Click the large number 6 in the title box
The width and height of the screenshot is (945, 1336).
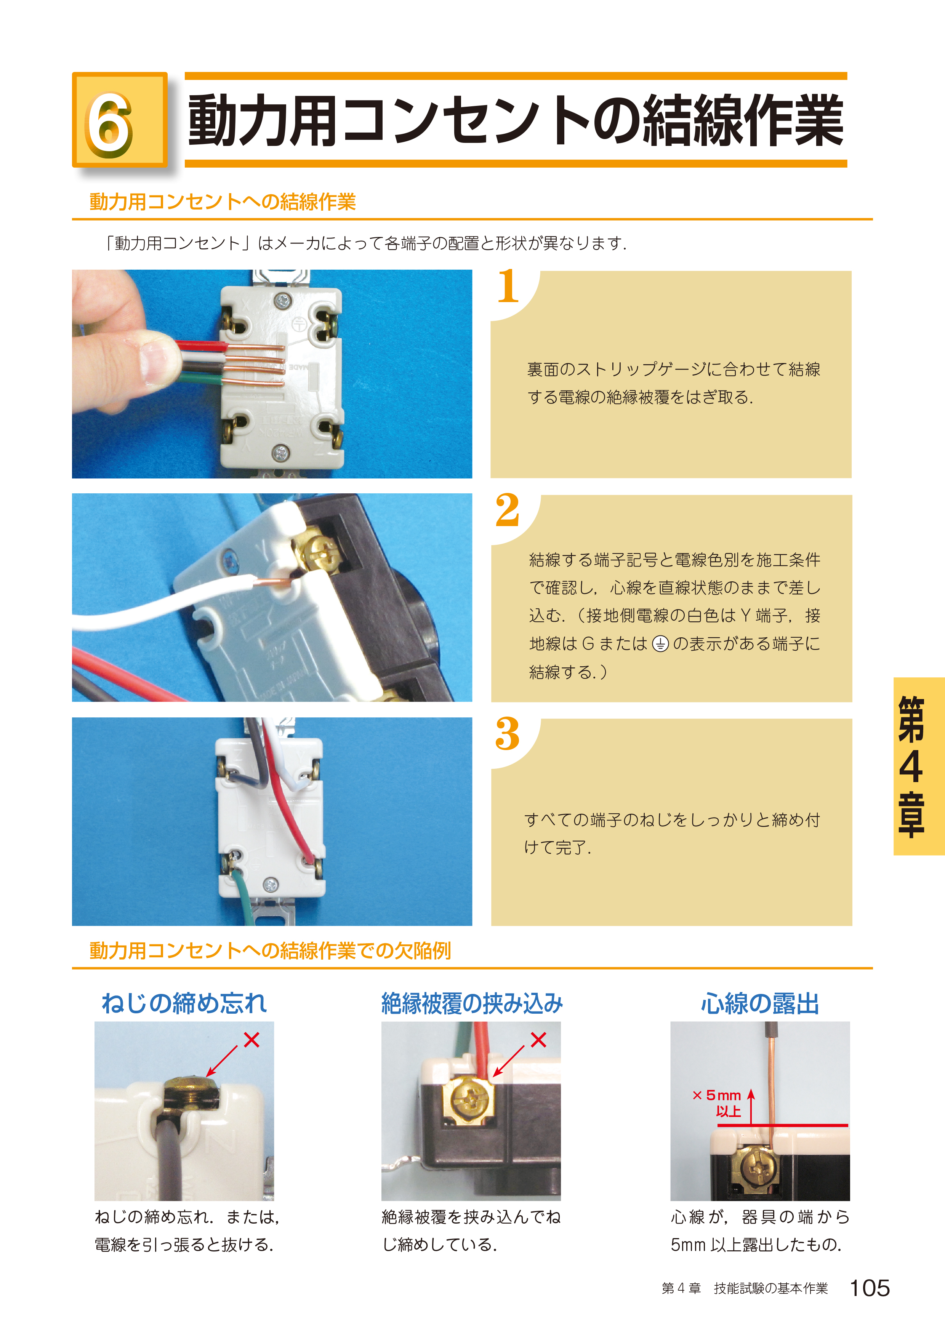click(x=109, y=125)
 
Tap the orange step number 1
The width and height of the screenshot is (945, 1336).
click(x=508, y=286)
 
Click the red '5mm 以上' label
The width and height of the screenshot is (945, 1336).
click(x=718, y=1102)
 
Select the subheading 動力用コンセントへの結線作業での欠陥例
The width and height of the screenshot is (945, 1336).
click(x=270, y=950)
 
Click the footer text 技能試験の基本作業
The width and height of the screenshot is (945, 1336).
click(x=771, y=1288)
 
